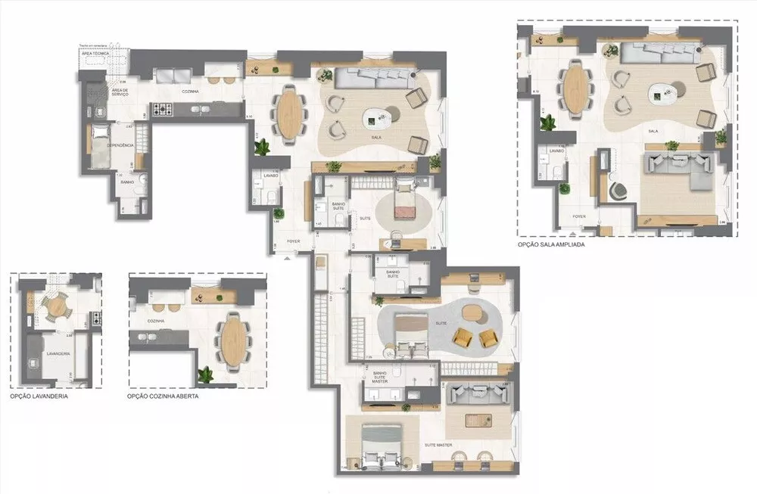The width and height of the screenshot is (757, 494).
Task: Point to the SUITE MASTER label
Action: click(x=438, y=446)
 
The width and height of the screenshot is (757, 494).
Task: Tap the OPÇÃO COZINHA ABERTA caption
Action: click(x=163, y=396)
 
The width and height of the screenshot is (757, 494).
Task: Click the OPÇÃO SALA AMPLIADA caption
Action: click(x=551, y=245)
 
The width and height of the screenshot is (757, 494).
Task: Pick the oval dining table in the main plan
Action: click(x=289, y=113)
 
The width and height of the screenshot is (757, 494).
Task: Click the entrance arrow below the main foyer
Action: click(x=286, y=259)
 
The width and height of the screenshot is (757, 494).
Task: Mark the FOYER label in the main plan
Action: click(x=293, y=242)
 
